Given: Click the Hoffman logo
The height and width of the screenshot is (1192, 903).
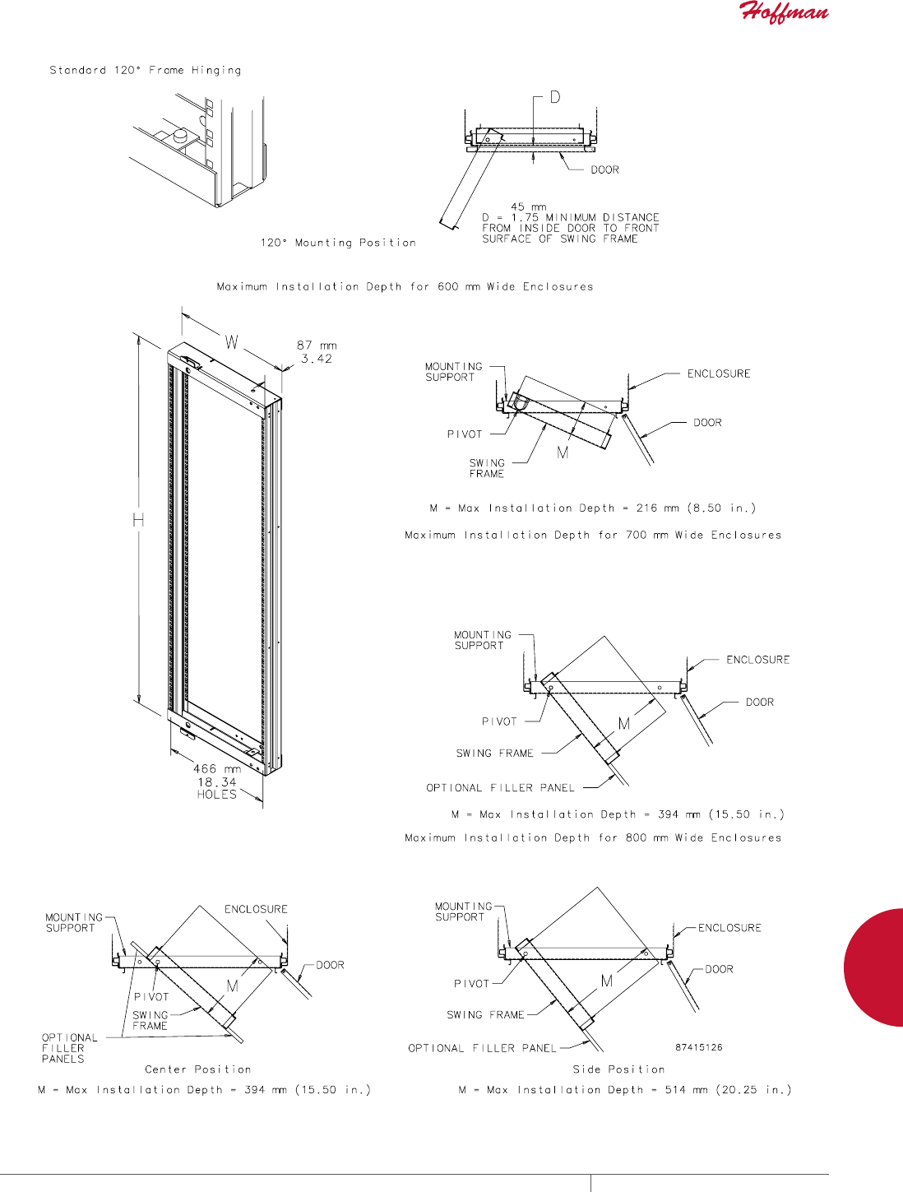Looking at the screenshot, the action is [785, 12].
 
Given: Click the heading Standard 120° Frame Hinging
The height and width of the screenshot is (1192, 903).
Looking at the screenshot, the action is [146, 71].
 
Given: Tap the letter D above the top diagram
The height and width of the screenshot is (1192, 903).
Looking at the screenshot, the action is [555, 97].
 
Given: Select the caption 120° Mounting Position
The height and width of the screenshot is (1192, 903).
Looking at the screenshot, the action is [338, 243].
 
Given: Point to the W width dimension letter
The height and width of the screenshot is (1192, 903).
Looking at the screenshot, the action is [232, 342].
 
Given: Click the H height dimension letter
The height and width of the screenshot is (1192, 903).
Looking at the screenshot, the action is [138, 520].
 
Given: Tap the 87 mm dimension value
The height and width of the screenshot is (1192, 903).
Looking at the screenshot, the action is [317, 346].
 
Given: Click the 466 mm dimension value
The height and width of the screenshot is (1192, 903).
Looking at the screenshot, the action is [217, 769].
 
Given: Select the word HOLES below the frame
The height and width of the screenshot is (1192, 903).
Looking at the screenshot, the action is [217, 795].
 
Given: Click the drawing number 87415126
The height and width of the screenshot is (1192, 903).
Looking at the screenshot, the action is [699, 1047].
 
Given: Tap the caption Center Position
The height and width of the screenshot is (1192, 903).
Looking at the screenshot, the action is [198, 1069].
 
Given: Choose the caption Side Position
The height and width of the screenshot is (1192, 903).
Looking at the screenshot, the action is [618, 1069].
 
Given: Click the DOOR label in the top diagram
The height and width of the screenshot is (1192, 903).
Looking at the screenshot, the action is [604, 170].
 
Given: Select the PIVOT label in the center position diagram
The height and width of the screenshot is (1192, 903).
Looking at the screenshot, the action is [151, 997].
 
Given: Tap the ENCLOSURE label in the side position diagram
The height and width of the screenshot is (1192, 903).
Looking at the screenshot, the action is [729, 928].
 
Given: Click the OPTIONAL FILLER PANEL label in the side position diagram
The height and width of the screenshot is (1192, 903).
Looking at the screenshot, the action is [482, 1048].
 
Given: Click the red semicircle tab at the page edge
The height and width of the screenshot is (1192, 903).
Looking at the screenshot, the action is [876, 967].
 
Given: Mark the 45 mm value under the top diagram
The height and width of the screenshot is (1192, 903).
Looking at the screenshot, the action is [528, 207].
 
